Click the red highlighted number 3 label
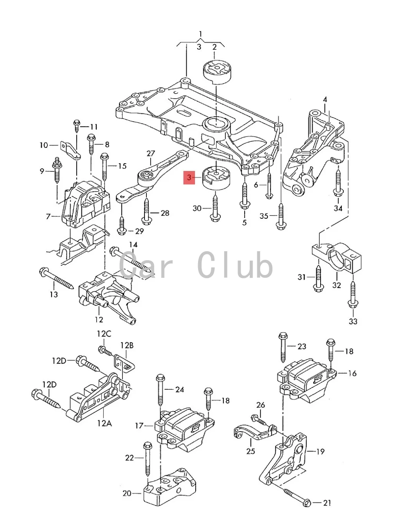tap(189, 178)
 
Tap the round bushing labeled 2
tap(216, 72)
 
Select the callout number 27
tap(151, 154)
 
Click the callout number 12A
tap(105, 423)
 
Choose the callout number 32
tap(337, 285)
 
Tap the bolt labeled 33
tap(352, 294)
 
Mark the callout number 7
tap(49, 216)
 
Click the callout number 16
tap(352, 373)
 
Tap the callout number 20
tap(127, 493)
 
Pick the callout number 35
tap(264, 216)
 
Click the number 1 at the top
tap(200, 34)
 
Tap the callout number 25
tap(251, 451)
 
